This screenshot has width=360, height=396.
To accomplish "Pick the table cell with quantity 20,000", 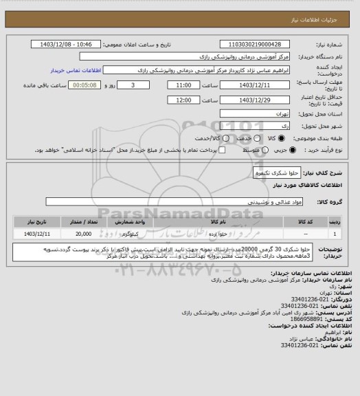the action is pos(82,234).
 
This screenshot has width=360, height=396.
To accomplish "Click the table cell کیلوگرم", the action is pos(130,234).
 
